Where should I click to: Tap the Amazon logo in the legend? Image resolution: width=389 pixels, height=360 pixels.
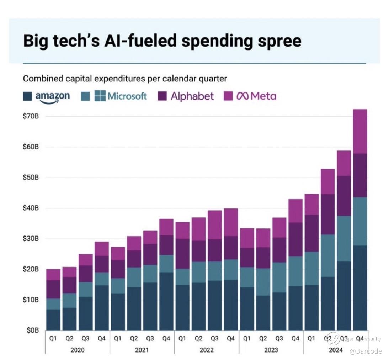click(52, 96)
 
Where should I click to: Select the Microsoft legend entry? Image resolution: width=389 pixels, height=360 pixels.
click(121, 96)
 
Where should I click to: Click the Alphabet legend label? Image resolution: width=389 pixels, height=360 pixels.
click(192, 96)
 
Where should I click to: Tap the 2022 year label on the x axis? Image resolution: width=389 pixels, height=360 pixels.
click(207, 350)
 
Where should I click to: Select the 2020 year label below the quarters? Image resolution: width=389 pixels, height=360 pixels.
click(78, 350)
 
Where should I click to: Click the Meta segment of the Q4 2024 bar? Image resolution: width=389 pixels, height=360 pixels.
click(360, 131)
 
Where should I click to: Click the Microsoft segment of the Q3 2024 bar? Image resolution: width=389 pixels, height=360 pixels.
click(343, 238)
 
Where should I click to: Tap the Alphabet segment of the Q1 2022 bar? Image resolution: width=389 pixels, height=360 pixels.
click(182, 253)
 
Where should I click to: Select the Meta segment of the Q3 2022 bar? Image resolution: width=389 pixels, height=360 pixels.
click(214, 224)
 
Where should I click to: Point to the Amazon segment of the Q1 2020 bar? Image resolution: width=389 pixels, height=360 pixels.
click(53, 320)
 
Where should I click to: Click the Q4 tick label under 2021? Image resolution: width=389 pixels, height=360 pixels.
click(166, 339)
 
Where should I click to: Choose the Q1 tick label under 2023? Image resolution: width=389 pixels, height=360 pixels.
click(247, 339)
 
